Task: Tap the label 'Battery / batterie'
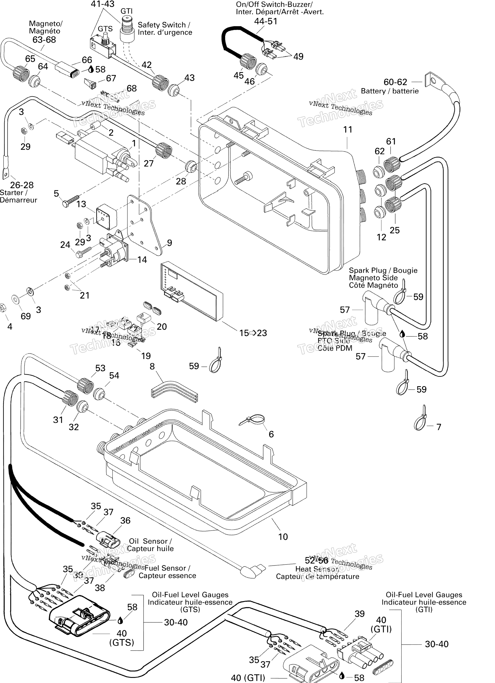(x=389, y=91)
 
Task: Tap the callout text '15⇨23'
(x=253, y=333)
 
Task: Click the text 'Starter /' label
(x=14, y=193)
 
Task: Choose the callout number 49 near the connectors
(x=298, y=57)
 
